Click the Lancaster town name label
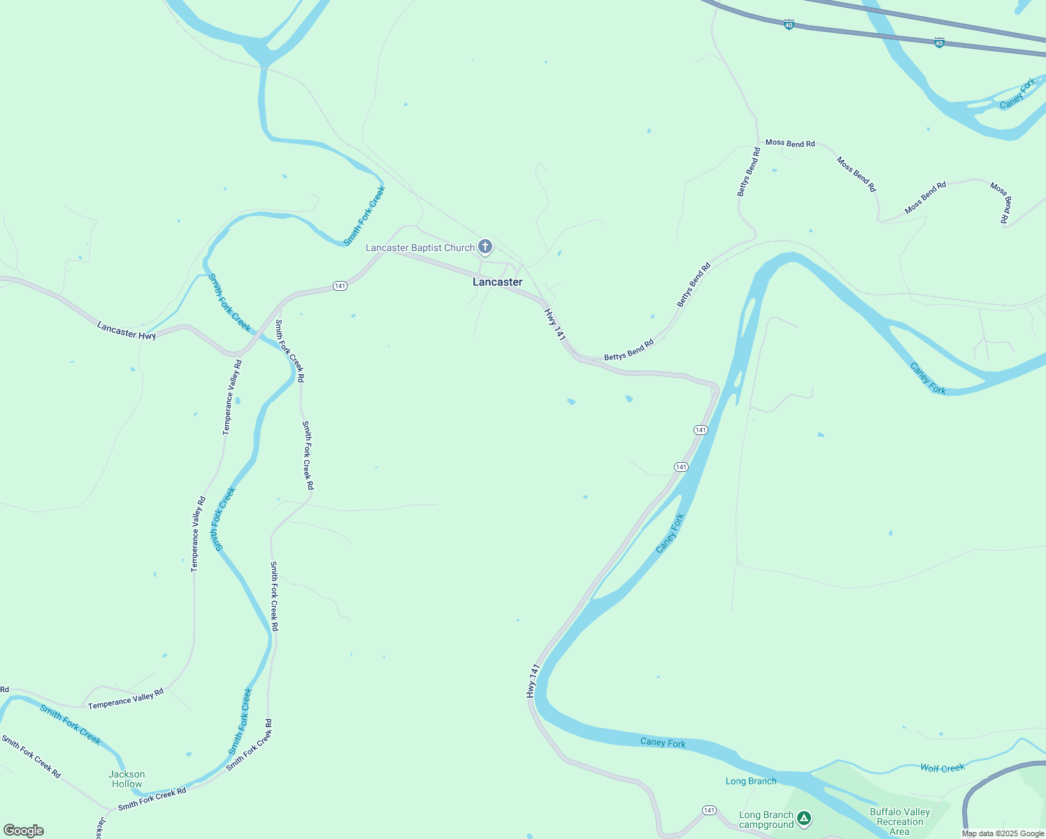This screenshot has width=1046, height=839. (x=497, y=282)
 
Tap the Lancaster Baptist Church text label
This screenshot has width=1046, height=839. (x=420, y=248)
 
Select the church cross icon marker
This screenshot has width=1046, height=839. (x=485, y=246)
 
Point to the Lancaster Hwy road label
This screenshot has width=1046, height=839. (x=127, y=331)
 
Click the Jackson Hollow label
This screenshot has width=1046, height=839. (x=127, y=779)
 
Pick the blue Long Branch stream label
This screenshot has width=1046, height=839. (x=751, y=781)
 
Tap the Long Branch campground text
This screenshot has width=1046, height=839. (x=766, y=819)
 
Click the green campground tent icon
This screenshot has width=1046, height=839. (x=804, y=817)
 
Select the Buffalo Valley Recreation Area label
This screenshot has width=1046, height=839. (x=900, y=822)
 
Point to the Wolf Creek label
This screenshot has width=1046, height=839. (x=942, y=768)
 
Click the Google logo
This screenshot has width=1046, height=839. (x=24, y=831)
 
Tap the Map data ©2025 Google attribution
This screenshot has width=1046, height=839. (x=1003, y=833)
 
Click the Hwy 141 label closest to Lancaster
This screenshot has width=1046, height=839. (x=555, y=324)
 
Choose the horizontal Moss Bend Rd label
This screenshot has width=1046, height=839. (x=790, y=143)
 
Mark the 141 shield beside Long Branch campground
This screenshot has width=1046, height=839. (x=710, y=810)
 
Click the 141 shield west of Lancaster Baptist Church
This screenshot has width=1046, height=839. (x=340, y=286)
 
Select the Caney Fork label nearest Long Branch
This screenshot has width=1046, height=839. (x=663, y=743)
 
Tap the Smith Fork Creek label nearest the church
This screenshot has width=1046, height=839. (x=365, y=215)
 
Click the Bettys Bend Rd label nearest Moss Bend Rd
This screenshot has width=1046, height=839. (x=748, y=172)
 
